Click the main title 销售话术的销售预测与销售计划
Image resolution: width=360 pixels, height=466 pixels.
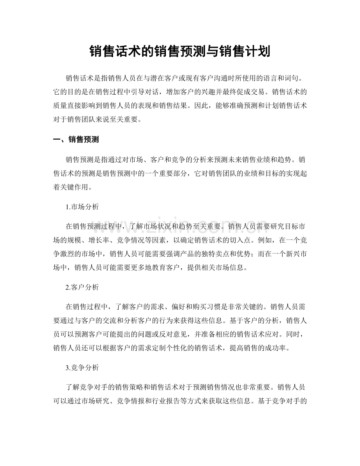pos(180,51)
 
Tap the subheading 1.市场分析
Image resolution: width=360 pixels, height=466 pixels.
pos(82,207)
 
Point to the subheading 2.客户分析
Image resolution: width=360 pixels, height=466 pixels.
pos(82,287)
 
